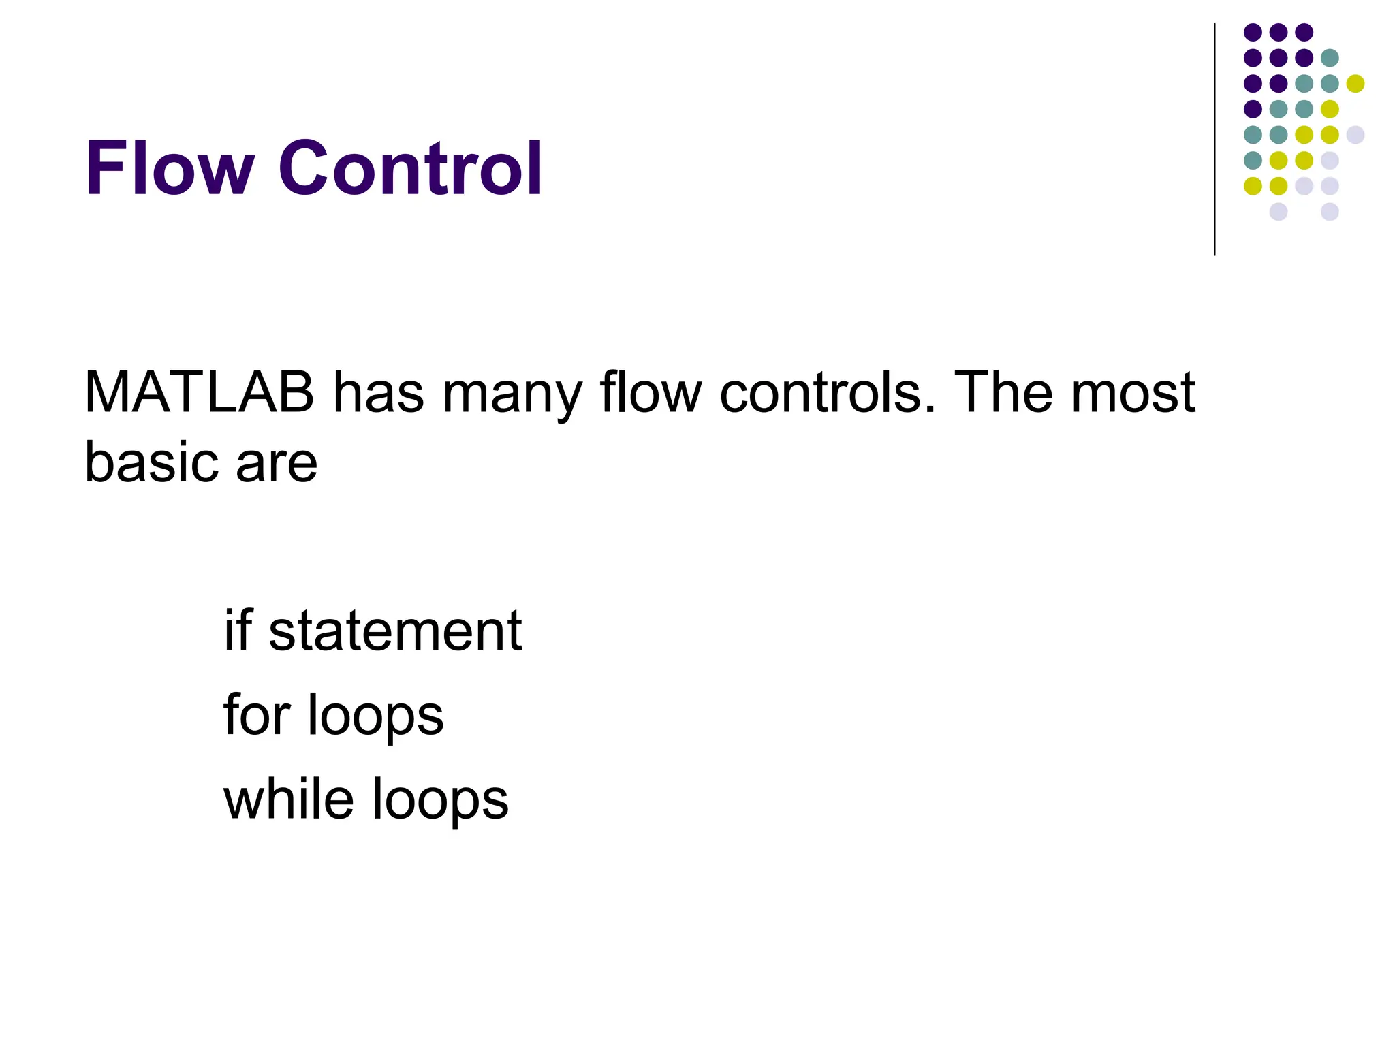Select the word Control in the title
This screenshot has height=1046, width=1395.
[x=410, y=168]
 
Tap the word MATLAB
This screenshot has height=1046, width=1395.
[x=200, y=393]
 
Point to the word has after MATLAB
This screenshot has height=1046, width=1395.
[x=378, y=393]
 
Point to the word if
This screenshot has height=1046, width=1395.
[x=238, y=630]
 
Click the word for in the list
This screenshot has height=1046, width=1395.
[x=257, y=714]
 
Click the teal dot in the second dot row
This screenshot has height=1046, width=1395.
[x=1330, y=58]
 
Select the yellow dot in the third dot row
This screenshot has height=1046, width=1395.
[x=1355, y=84]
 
